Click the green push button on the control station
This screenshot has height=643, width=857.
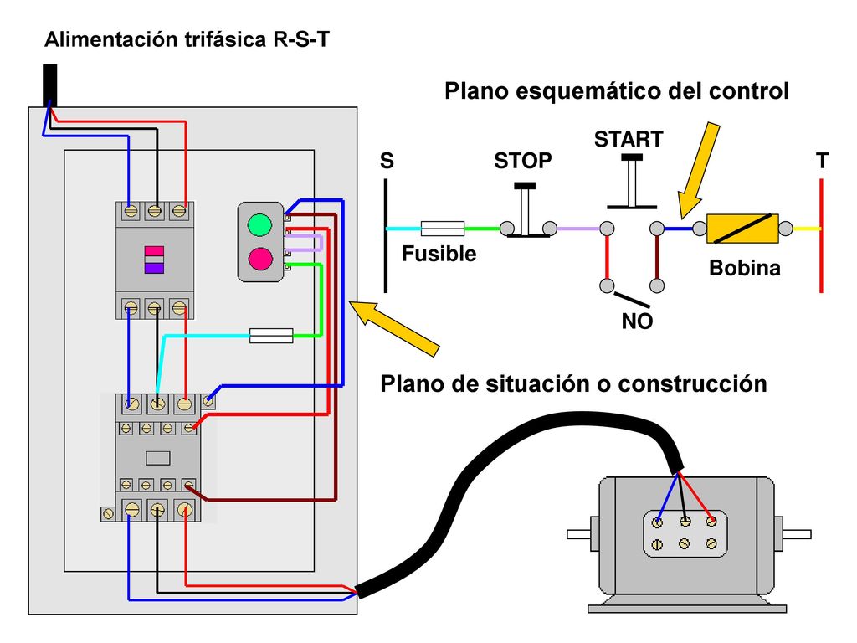point(259,224)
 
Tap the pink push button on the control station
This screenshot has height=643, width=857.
point(260,259)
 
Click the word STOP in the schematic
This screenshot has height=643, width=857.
point(522,161)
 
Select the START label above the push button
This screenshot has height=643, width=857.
point(629,140)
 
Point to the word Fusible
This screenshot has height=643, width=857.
point(439,254)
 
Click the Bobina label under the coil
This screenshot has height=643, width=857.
point(744,268)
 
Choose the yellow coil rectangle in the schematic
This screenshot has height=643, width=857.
point(742,229)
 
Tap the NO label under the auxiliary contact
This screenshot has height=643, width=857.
point(637,321)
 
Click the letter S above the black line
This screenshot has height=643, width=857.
point(387,161)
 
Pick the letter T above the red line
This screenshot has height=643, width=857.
point(822,161)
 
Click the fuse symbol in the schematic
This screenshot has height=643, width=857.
point(443,228)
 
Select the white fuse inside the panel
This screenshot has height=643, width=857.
point(271,335)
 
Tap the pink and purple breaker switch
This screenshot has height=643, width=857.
point(154,260)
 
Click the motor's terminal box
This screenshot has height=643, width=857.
point(685,533)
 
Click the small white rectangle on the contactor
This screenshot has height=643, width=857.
point(158,458)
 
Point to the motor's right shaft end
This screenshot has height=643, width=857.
point(797,534)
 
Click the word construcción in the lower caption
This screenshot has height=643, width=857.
point(692,383)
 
